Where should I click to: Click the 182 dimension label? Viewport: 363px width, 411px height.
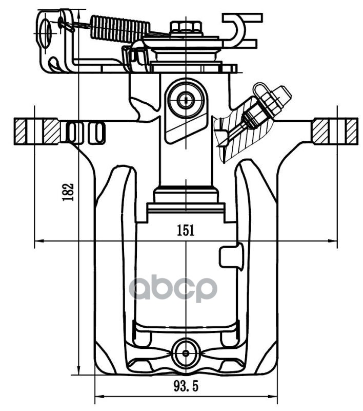click(x=69, y=192)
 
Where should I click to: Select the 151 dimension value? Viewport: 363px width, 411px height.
click(x=186, y=231)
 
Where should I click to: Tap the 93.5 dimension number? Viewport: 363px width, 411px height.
click(x=186, y=385)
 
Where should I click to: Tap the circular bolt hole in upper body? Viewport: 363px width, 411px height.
click(x=186, y=101)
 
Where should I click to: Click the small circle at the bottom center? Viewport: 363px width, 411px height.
click(x=185, y=353)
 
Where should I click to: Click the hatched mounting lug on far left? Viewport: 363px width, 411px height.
click(x=36, y=132)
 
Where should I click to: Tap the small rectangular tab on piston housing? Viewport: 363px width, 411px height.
click(x=230, y=255)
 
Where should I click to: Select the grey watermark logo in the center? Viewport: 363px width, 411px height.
click(x=173, y=289)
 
